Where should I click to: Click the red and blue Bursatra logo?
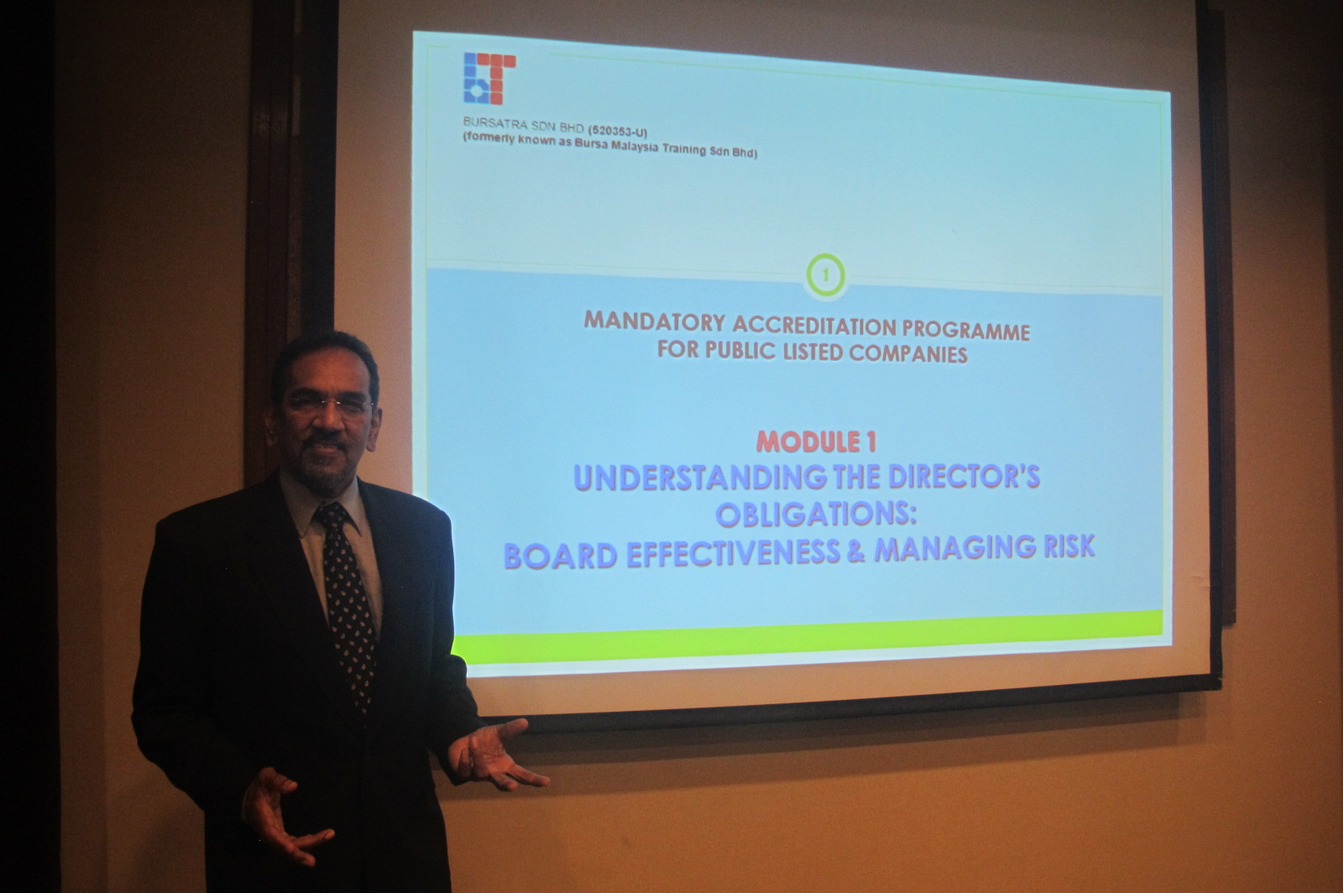(x=490, y=79)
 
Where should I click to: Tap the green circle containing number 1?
(x=826, y=275)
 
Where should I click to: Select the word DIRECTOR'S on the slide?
(x=964, y=477)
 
